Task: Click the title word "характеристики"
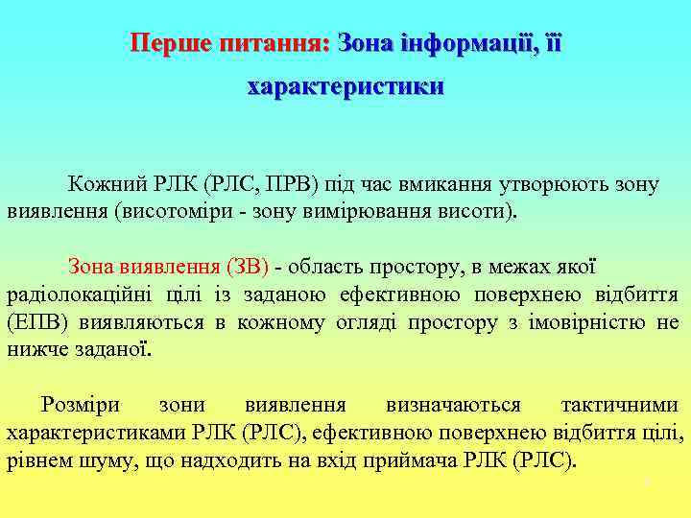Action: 345,87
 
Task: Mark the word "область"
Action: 331,266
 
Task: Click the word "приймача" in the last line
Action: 414,460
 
